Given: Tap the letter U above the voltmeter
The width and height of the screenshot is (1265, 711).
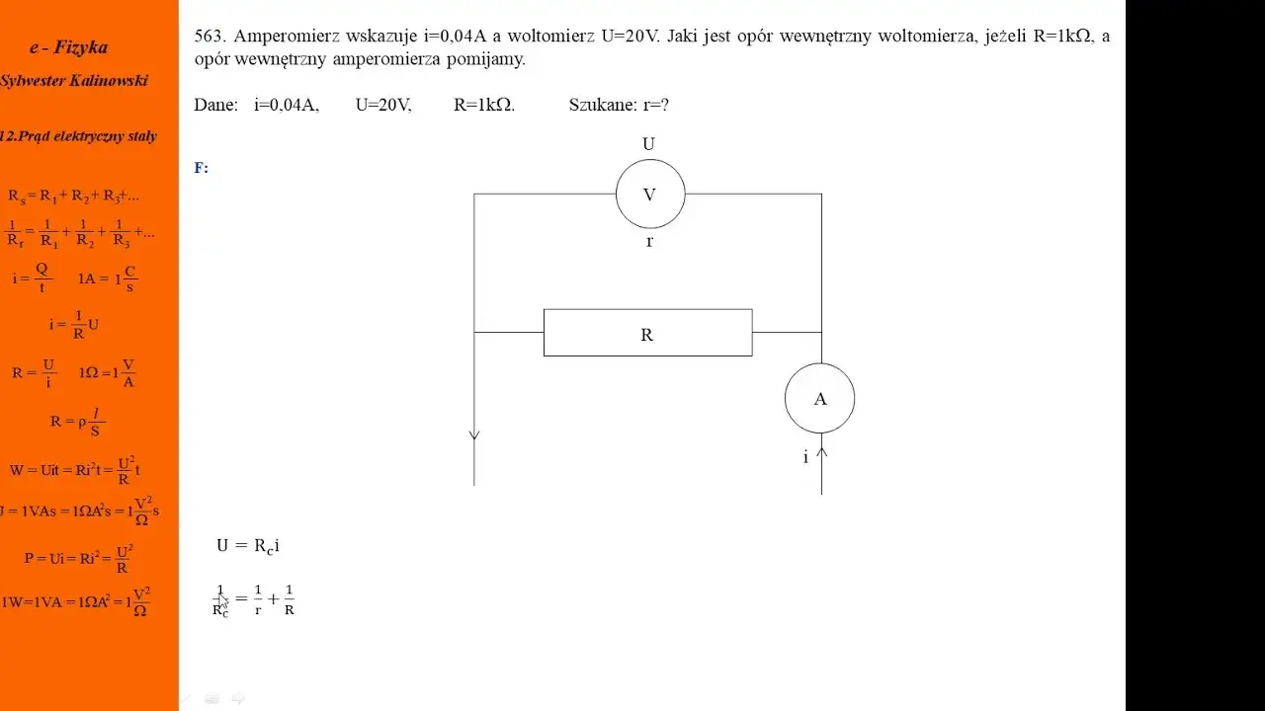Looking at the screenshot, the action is pyautogui.click(x=648, y=144).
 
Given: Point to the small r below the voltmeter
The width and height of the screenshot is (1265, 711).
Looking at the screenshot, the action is pyautogui.click(x=649, y=242).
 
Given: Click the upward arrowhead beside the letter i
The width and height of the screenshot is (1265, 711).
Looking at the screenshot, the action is pyautogui.click(x=821, y=452).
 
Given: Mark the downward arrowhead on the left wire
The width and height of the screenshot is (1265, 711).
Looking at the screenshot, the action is pyautogui.click(x=474, y=435).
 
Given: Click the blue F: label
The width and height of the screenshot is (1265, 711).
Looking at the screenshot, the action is pyautogui.click(x=201, y=168).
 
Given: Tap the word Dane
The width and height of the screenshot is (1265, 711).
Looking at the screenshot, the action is pyautogui.click(x=215, y=105).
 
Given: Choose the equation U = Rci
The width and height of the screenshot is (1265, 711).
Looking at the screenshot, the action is pyautogui.click(x=248, y=546).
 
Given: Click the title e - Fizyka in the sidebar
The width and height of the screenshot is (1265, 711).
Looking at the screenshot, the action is pyautogui.click(x=69, y=47).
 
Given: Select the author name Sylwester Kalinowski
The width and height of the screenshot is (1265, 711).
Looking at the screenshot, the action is pyautogui.click(x=74, y=81).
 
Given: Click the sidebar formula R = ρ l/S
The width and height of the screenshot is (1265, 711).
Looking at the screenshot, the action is pyautogui.click(x=77, y=422).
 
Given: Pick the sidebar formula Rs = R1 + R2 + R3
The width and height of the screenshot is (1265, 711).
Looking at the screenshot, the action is pyautogui.click(x=73, y=197).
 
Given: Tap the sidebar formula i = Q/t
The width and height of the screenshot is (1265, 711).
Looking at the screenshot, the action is pyautogui.click(x=33, y=278).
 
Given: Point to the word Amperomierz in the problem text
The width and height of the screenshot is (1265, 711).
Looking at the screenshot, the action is pyautogui.click(x=287, y=38).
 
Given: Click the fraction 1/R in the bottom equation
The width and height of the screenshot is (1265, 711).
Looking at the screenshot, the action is pyautogui.click(x=290, y=599).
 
